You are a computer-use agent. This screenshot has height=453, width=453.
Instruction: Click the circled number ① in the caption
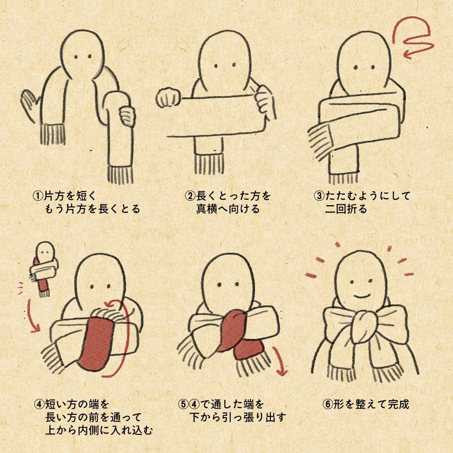tap(37, 196)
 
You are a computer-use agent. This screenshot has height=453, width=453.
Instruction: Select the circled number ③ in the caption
tap(319, 196)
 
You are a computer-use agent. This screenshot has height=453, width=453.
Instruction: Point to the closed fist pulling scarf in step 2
tap(168, 98)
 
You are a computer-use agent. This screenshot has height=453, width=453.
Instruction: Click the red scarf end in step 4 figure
tap(96, 344)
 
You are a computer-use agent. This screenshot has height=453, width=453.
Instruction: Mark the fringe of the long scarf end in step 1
tap(120, 174)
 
